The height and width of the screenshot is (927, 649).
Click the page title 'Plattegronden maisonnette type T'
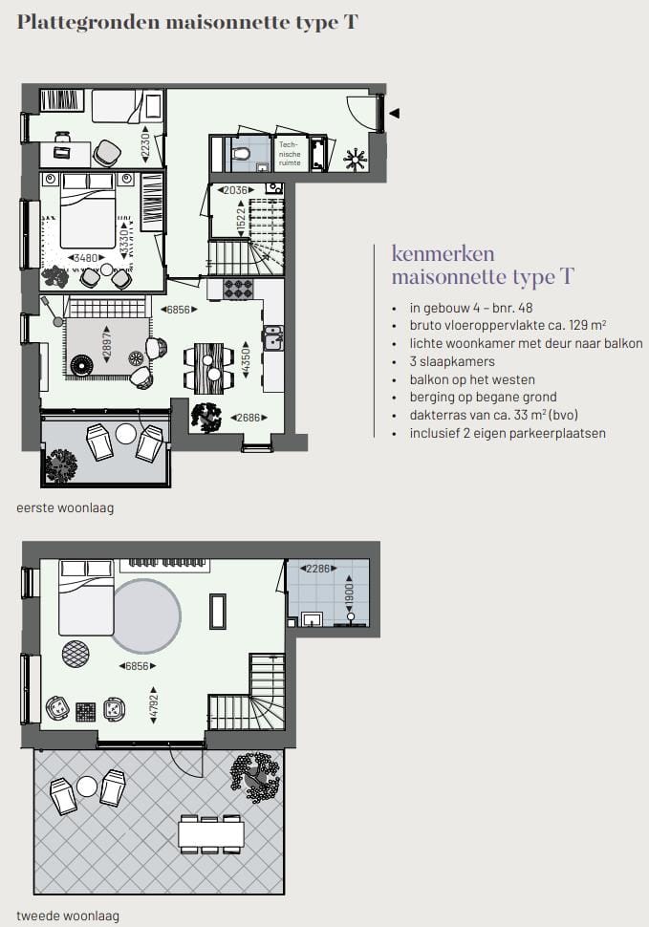pos(187,22)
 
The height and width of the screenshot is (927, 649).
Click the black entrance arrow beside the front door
pos(393,114)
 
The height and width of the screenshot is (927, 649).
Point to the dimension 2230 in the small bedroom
pos(144,143)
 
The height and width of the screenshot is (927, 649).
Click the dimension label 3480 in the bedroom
pos(89,258)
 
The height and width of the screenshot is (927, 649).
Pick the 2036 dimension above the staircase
pos(234,190)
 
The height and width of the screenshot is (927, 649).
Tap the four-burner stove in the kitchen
pos(236,288)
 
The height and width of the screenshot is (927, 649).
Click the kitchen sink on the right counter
pos(272,337)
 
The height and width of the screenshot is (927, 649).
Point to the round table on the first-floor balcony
pos(125,434)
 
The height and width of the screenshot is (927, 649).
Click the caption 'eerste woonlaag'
pos(65,507)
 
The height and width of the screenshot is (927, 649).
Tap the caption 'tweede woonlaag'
pos(68,916)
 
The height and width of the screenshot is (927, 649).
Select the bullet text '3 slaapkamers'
pos(453,361)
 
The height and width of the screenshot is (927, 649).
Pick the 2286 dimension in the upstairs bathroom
pos(317,569)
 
